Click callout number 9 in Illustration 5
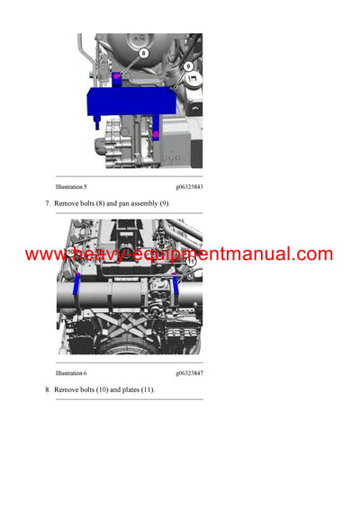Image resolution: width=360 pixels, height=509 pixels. [188, 66]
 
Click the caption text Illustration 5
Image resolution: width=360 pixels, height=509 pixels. [71, 186]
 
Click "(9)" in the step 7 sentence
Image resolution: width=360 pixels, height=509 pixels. [163, 204]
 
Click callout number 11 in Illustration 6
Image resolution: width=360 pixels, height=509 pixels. [190, 262]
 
